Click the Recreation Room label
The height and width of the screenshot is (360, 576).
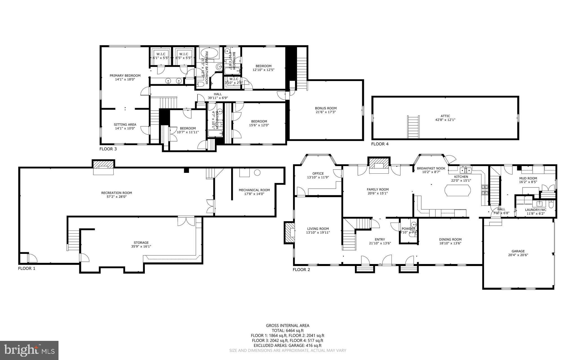(x=116, y=193)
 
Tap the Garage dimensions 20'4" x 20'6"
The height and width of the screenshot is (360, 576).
(x=518, y=255)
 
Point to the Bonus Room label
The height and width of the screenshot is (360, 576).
(x=325, y=108)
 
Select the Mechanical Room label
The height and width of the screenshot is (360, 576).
(x=254, y=190)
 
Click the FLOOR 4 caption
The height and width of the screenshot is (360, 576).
(x=379, y=144)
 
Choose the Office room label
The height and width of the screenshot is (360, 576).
(x=318, y=173)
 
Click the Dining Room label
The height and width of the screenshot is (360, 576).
(x=450, y=240)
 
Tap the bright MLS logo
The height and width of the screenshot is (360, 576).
(x=29, y=350)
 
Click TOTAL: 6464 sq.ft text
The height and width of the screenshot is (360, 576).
(x=287, y=330)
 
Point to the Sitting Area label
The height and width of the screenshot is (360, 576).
(x=125, y=124)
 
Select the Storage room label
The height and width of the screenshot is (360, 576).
(x=141, y=243)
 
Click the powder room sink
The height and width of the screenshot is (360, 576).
(x=413, y=224)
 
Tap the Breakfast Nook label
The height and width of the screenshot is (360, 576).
(x=431, y=168)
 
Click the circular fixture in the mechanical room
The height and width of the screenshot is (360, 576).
(x=257, y=173)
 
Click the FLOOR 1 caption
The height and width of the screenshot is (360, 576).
(x=26, y=269)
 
